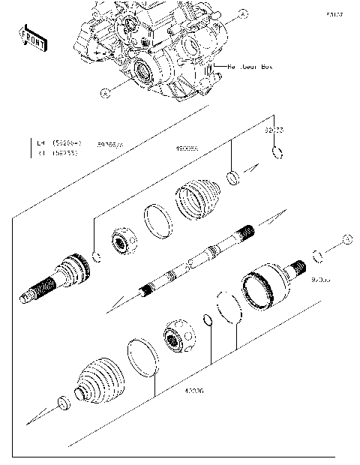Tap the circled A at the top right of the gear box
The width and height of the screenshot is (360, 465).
pos(242,13)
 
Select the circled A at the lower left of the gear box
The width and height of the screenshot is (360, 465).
pos(105,93)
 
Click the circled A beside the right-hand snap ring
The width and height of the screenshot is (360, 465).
pos(346,238)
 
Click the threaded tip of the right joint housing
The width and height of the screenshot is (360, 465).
pos(299,266)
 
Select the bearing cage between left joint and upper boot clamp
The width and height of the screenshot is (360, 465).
pos(123,240)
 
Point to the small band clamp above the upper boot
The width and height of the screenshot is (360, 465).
pos(234,178)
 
